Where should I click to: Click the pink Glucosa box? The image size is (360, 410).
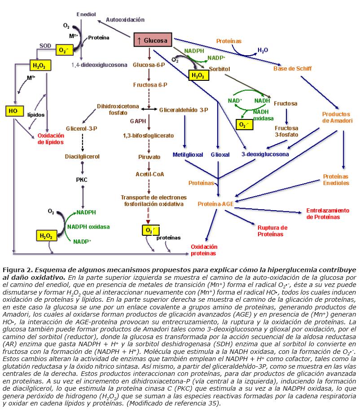[x=153, y=40]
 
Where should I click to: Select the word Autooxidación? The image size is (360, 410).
[x=125, y=20]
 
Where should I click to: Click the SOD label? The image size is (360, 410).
[x=45, y=45]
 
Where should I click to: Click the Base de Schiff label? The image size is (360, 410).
[x=292, y=69]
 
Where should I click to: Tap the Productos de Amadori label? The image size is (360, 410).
[x=336, y=118]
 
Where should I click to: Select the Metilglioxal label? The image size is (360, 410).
[x=188, y=155]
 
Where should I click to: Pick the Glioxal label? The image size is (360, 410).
[x=220, y=155]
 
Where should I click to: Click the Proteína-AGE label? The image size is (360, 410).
[x=215, y=204]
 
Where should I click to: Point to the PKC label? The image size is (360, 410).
[x=82, y=180]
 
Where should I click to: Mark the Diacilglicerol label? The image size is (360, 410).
[x=82, y=157]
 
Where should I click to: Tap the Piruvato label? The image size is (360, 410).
[x=149, y=157]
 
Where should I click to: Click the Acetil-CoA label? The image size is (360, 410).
[x=149, y=174]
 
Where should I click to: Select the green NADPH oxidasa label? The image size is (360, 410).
[x=88, y=227]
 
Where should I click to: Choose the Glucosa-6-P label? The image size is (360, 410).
[x=148, y=65]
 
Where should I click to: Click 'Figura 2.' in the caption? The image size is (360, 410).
[x=18, y=270]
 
